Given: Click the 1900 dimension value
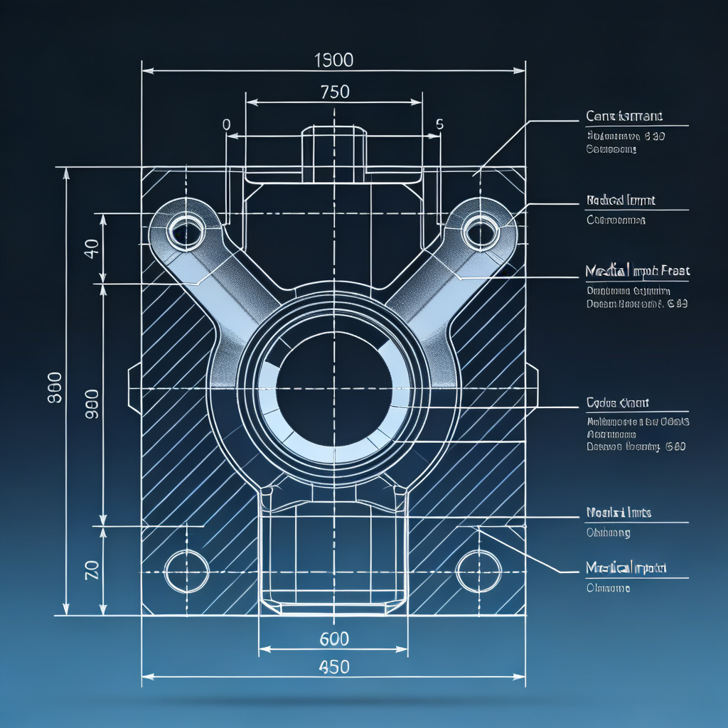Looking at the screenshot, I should (333, 60).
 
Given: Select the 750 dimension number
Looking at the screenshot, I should (335, 92).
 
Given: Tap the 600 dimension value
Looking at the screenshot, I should (334, 638).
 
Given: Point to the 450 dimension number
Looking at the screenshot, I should (334, 667).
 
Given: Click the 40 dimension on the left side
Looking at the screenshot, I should (91, 249).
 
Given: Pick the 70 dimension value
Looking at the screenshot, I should (91, 570).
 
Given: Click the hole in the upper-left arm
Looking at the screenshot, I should (186, 230).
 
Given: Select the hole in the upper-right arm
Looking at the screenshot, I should (481, 230).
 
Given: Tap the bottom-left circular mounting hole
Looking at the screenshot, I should (186, 571).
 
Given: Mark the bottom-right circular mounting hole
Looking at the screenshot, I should (478, 571).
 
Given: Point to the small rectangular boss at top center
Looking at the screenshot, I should (334, 153).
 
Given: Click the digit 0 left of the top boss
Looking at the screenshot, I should (227, 124).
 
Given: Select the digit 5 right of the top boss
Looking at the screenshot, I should (439, 124).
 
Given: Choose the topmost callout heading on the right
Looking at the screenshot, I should (624, 116).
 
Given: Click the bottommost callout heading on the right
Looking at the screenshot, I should (626, 567).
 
